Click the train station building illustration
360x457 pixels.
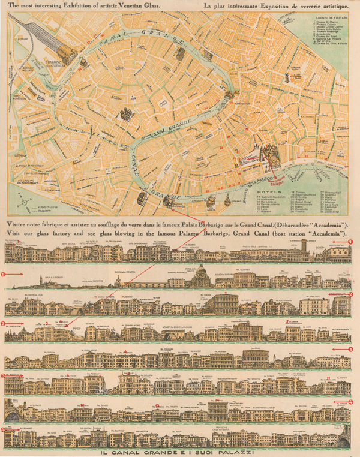(67, 55)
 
